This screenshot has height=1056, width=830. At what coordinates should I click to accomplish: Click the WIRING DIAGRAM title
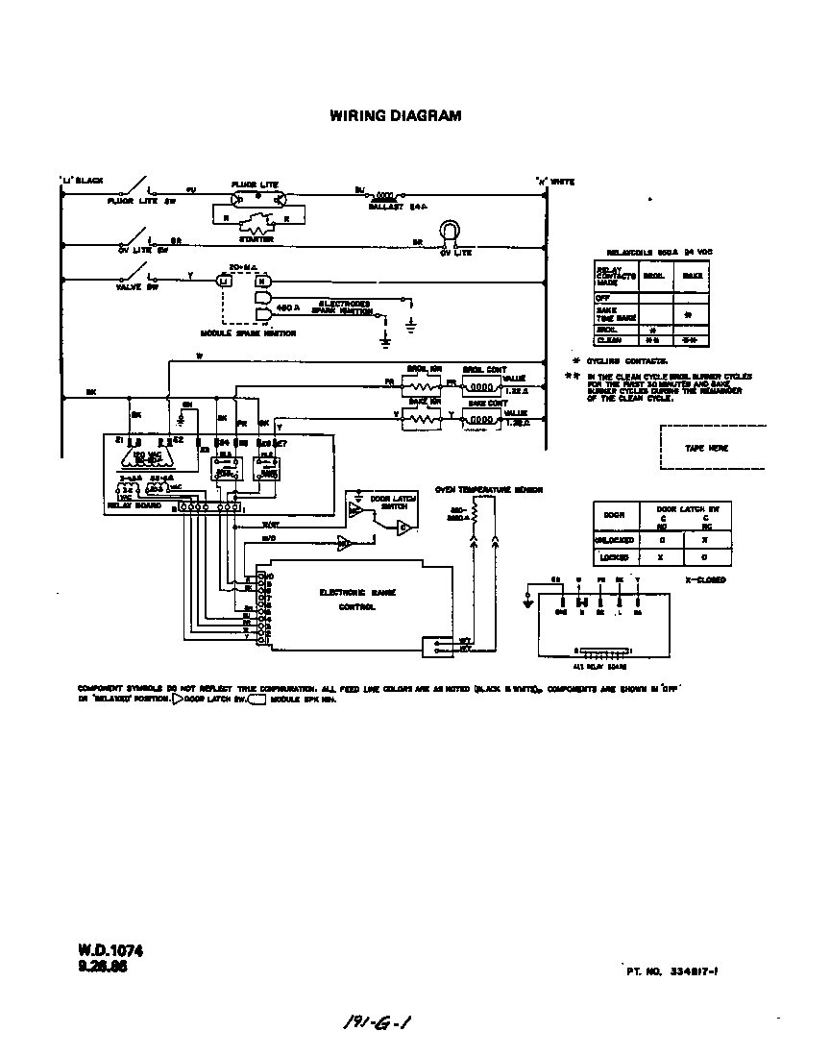tap(396, 116)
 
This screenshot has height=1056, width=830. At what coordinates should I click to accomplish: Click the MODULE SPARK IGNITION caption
tap(248, 333)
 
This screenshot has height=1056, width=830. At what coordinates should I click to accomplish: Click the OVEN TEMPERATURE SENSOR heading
tap(488, 490)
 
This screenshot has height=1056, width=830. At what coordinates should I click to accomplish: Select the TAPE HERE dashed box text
tap(706, 448)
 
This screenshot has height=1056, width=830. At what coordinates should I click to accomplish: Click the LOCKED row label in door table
tap(616, 557)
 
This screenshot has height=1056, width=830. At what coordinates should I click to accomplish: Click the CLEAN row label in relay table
tap(607, 339)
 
